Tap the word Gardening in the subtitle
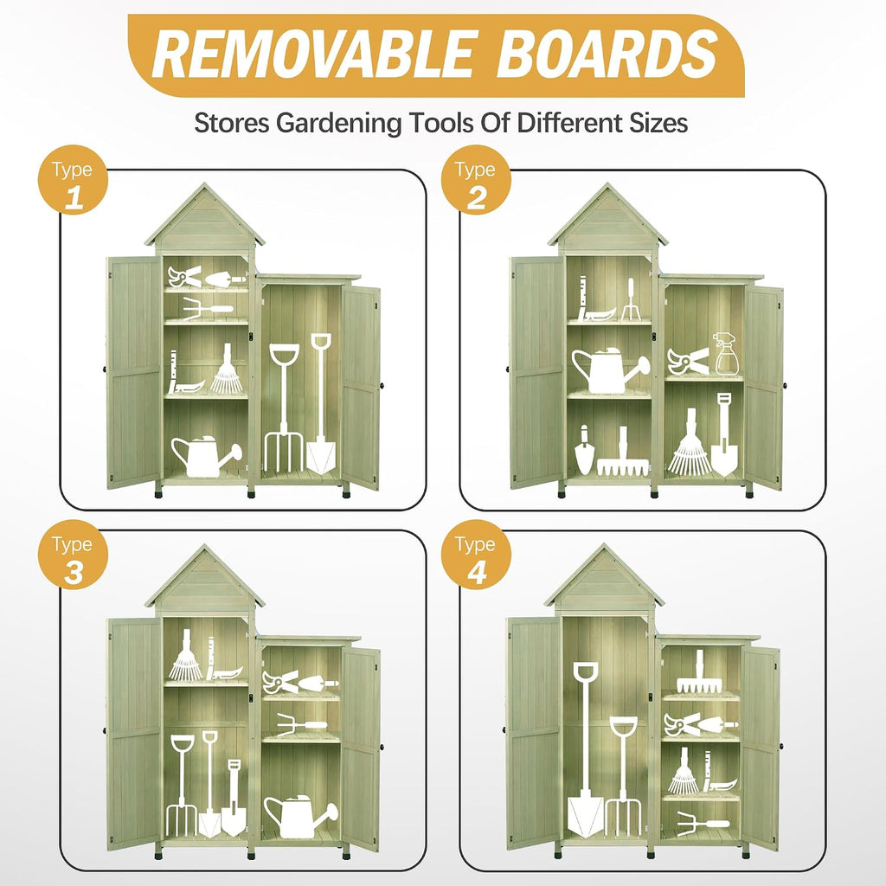pyautogui.click(x=338, y=123)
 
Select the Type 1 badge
pyautogui.click(x=73, y=180)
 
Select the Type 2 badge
pyautogui.click(x=476, y=180)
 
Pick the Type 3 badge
pyautogui.click(x=73, y=555)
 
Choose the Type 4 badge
pyautogui.click(x=476, y=555)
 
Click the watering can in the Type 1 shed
pyautogui.click(x=206, y=455)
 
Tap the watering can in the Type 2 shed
pyautogui.click(x=609, y=370)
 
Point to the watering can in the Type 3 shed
pyautogui.click(x=300, y=816)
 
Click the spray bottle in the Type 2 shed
pyautogui.click(x=726, y=354)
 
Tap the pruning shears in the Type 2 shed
pyautogui.click(x=688, y=362)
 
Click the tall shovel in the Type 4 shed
pyautogui.click(x=586, y=748)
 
